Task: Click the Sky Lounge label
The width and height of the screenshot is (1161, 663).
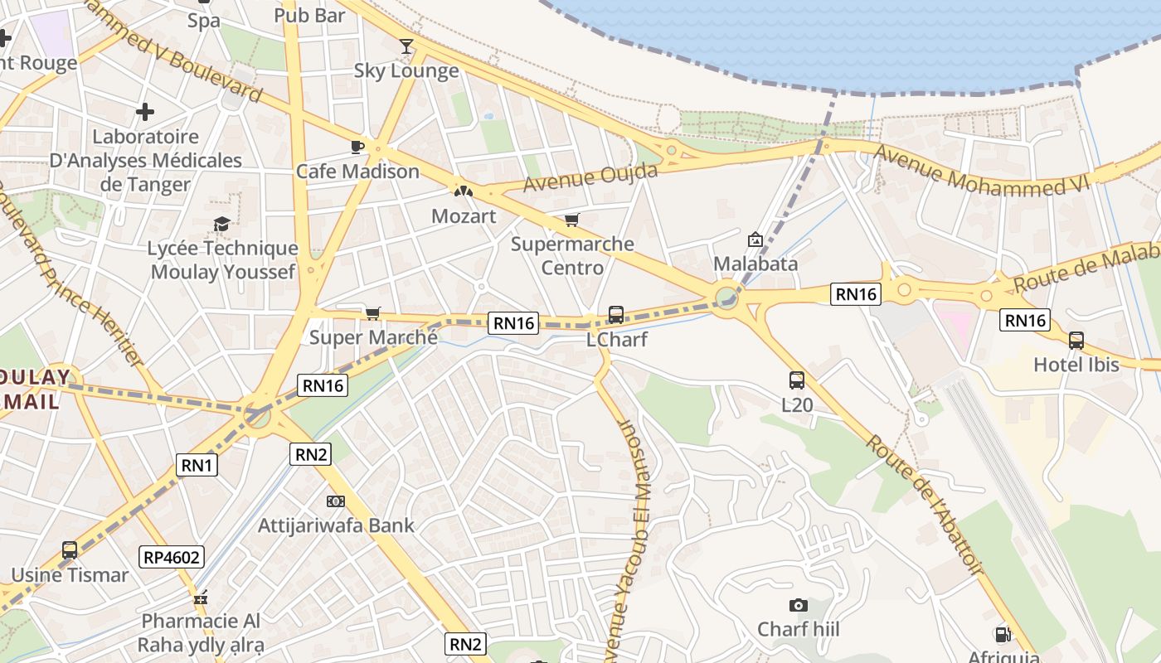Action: point(406,71)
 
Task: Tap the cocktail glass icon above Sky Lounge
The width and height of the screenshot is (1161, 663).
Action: point(406,46)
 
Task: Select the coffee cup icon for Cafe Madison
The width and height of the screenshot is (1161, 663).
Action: point(357,147)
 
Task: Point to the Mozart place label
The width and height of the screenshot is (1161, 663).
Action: point(464,216)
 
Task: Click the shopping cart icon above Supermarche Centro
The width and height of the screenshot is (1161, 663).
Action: point(571,220)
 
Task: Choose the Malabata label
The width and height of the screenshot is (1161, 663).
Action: point(755,264)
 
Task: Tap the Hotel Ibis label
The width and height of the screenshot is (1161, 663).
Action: point(1076,365)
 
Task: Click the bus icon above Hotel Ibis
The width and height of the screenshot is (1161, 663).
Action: point(1076,340)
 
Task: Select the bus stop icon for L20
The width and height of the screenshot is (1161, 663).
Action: point(797,380)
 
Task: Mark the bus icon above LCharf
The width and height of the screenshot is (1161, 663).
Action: point(615,315)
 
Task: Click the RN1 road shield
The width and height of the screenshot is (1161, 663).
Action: point(197,465)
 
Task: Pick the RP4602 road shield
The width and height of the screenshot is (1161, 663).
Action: point(172,557)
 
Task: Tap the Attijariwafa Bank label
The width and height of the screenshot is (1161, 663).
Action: point(336,525)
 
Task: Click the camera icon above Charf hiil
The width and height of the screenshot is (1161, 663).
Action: point(798,605)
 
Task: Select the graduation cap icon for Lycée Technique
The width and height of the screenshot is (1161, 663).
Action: point(221,224)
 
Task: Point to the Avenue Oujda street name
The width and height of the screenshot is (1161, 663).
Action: point(590,177)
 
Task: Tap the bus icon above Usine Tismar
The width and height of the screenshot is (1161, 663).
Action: point(70,549)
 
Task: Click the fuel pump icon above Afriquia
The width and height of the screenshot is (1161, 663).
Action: point(1003,635)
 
